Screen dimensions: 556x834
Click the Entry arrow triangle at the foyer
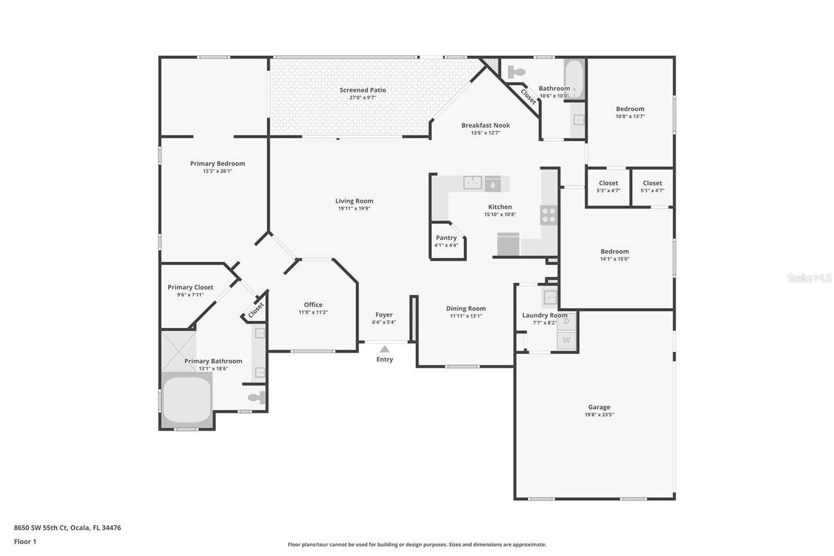384,349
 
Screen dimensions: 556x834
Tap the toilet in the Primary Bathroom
257,398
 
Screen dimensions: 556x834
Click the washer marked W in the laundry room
567,340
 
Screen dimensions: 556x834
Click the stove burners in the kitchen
548,215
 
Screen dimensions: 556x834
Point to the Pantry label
446,238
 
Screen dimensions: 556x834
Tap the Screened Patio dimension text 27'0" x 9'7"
363,98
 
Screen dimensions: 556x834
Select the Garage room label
599,407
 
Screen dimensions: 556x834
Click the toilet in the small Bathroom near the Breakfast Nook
516,71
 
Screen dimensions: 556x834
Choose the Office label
313,305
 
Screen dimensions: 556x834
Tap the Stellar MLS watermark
809,278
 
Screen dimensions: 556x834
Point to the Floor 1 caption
25,541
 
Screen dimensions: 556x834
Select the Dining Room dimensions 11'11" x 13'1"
465,316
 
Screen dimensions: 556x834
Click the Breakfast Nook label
485,125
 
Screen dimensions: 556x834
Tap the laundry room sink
550,297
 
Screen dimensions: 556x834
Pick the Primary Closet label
190,287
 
